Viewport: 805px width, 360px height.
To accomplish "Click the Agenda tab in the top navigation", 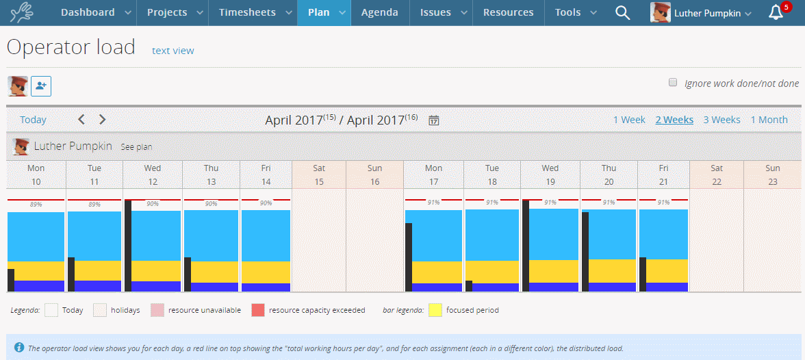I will point(379,12).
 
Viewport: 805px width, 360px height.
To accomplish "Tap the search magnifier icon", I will point(622,12).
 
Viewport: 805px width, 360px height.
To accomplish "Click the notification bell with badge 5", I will point(775,12).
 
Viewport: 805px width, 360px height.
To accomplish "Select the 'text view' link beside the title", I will point(172,51).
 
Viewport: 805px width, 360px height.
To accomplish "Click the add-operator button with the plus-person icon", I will point(41,86).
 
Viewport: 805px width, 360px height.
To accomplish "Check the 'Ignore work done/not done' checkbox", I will point(673,83).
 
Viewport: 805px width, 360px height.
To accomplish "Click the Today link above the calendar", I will point(33,120).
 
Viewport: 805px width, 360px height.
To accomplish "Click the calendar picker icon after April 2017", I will point(434,120).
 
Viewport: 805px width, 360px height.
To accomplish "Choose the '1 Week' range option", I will point(628,120).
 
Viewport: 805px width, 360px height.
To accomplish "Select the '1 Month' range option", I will point(769,120).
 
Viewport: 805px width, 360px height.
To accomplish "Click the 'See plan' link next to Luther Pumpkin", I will point(136,147).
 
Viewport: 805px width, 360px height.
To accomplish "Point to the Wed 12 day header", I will point(153,175).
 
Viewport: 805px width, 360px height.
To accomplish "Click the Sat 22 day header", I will point(716,175).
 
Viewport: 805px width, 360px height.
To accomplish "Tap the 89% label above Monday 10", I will point(36,205).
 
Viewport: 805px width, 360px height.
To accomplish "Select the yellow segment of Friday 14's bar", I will point(266,272).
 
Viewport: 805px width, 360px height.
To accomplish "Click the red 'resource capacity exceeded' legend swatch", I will point(258,310).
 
